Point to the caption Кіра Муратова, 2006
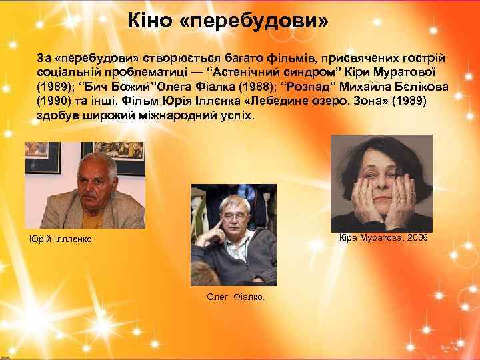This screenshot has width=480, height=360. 383,238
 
